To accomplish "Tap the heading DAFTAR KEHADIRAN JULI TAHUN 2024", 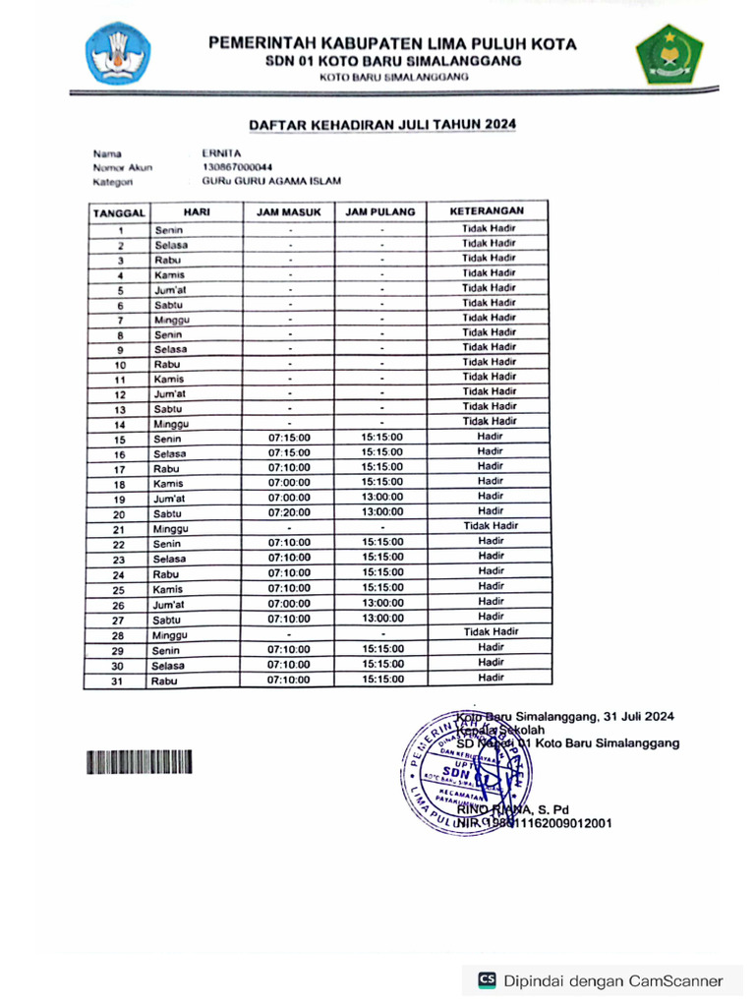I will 381,125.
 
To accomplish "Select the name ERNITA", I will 221,153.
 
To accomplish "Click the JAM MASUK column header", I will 289,211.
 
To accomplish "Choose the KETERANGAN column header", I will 488,211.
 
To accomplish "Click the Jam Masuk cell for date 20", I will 289,512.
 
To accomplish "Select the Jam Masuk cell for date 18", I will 289,482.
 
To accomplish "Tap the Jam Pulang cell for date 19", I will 381,498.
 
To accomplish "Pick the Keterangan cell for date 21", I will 490,526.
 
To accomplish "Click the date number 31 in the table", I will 118,680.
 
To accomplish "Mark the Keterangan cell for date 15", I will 490,437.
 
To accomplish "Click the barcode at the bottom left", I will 139,762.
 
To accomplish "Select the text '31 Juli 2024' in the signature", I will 639,716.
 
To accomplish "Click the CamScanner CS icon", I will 487,979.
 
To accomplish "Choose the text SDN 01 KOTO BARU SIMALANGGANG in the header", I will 392,61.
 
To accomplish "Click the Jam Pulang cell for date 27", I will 381,619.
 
